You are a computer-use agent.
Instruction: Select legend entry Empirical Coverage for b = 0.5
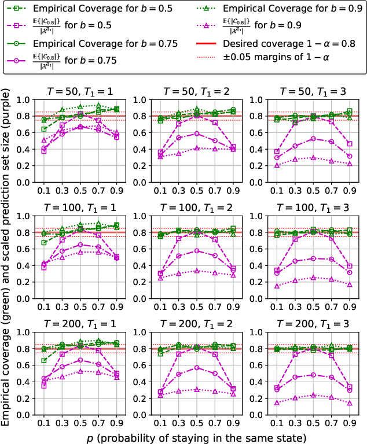(83, 9)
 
